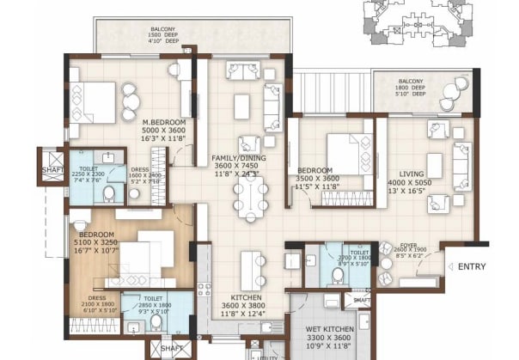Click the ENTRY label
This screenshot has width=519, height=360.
point(472,267)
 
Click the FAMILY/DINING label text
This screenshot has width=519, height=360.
point(237,159)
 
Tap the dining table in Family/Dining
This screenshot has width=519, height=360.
point(252,197)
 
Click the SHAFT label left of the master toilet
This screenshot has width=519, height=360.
point(52,170)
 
